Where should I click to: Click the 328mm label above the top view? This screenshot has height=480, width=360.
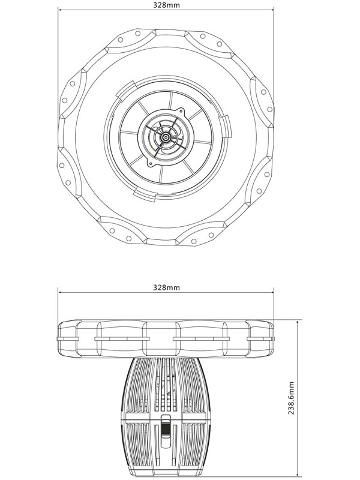pyautogui.click(x=166, y=5)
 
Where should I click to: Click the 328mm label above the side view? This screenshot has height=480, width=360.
pyautogui.click(x=166, y=287)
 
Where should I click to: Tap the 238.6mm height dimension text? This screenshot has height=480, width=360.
pyautogui.click(x=291, y=398)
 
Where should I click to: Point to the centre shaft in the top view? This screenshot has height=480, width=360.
pyautogui.click(x=166, y=137)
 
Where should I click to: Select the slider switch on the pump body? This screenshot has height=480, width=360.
pyautogui.click(x=166, y=427)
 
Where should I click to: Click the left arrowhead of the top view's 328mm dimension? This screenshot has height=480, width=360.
pyautogui.click(x=59, y=10)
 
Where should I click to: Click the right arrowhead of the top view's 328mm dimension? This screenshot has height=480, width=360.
pyautogui.click(x=272, y=10)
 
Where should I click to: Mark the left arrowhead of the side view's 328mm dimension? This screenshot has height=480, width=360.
pyautogui.click(x=59, y=292)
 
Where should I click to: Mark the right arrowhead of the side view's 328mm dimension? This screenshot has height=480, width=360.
pyautogui.click(x=272, y=292)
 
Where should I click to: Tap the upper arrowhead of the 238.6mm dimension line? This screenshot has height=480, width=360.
pyautogui.click(x=297, y=322)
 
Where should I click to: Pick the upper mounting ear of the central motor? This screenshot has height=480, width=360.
pyautogui.click(x=181, y=110)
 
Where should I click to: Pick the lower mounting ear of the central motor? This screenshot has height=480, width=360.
pyautogui.click(x=151, y=163)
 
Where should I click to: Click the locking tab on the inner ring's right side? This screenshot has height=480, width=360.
pyautogui.click(x=226, y=127)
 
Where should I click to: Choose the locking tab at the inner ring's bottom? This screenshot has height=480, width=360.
pyautogui.click(x=145, y=196)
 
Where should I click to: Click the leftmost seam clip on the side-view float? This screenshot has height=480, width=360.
pyautogui.click(x=68, y=338)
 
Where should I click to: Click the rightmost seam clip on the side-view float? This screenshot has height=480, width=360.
pyautogui.click(x=260, y=338)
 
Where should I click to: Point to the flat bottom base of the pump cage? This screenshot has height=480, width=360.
pyautogui.click(x=166, y=475)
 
